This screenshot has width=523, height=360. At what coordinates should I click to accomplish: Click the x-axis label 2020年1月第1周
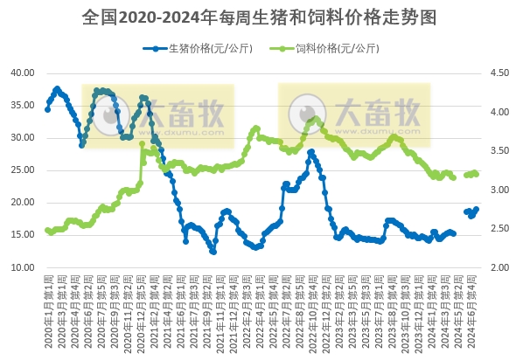[x=48, y=310]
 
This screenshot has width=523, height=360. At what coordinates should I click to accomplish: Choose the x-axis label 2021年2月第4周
[x=156, y=310]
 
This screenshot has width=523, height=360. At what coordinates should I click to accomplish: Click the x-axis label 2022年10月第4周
[x=312, y=310]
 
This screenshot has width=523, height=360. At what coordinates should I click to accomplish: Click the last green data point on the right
[x=476, y=174]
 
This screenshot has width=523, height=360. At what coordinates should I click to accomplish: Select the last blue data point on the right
[x=477, y=209]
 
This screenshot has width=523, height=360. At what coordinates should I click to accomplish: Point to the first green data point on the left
[x=47, y=231]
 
